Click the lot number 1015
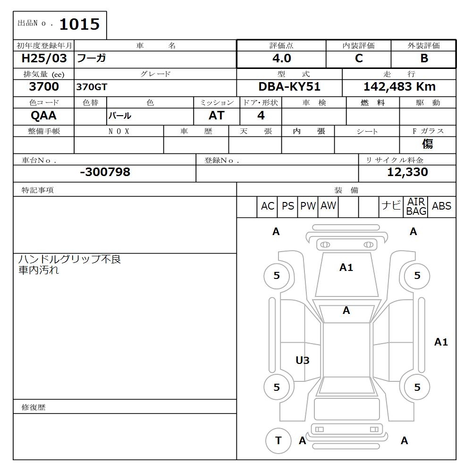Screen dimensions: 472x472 tap(79, 25)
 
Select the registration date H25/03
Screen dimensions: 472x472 tap(44, 59)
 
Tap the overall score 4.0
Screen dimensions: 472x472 tap(281, 59)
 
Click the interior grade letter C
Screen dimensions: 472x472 tap(359, 59)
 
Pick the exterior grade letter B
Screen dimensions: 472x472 tap(424, 59)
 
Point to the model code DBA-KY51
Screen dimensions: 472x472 tap(289, 87)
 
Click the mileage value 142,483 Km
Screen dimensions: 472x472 tap(399, 87)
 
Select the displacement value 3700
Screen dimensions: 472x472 tap(44, 87)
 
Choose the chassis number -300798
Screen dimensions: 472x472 tap(105, 172)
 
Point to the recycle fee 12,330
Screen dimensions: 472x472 tap(407, 172)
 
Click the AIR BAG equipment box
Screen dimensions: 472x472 tap(416, 207)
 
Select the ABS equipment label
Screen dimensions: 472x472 tap(441, 206)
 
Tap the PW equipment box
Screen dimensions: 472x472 tap(308, 206)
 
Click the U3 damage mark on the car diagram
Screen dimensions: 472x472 tap(303, 361)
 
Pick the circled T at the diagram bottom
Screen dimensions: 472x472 tap(278, 440)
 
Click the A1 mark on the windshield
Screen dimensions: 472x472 tap(346, 268)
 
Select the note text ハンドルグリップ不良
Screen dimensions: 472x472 tap(70, 259)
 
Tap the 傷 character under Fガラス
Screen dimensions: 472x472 tap(428, 144)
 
